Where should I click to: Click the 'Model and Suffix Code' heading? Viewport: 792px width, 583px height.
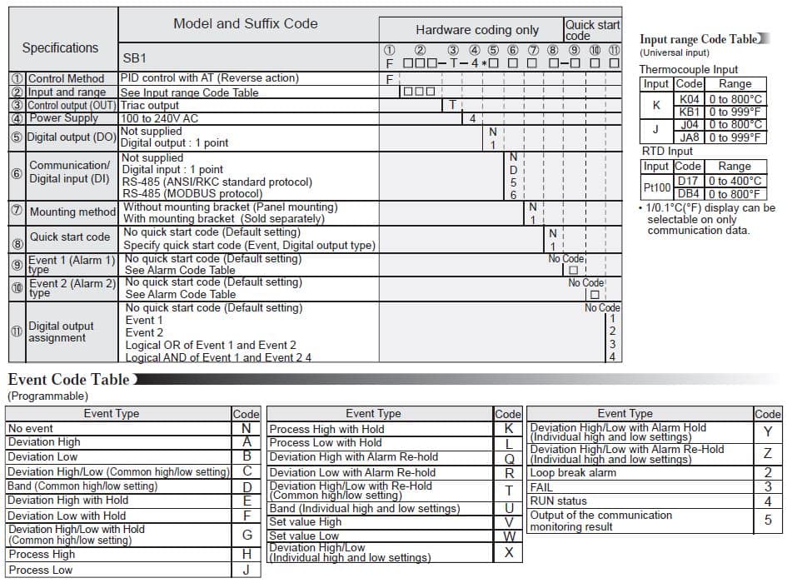click(245, 23)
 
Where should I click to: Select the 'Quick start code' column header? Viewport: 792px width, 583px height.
click(592, 30)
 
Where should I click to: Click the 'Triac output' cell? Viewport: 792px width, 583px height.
click(150, 106)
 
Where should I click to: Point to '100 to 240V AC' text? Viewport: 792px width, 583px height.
click(159, 118)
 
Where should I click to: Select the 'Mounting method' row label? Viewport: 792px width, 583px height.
click(72, 212)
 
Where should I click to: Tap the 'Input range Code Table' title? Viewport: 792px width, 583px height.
click(698, 39)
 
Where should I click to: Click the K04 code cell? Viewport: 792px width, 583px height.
click(689, 98)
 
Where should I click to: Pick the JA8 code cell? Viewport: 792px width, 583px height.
click(689, 137)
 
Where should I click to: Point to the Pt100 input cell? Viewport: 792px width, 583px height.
click(656, 187)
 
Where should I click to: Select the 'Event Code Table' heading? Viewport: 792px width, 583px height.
click(68, 380)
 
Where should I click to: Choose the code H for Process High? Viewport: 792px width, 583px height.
click(247, 554)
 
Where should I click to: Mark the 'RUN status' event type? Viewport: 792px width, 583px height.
click(558, 501)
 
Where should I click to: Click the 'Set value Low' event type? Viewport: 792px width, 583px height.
click(304, 536)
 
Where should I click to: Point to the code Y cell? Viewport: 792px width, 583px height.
click(767, 431)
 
